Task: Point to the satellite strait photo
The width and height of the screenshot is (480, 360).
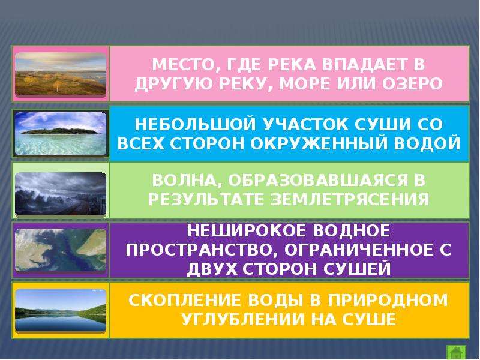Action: (61, 250)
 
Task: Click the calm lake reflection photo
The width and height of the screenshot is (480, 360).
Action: (61, 310)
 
